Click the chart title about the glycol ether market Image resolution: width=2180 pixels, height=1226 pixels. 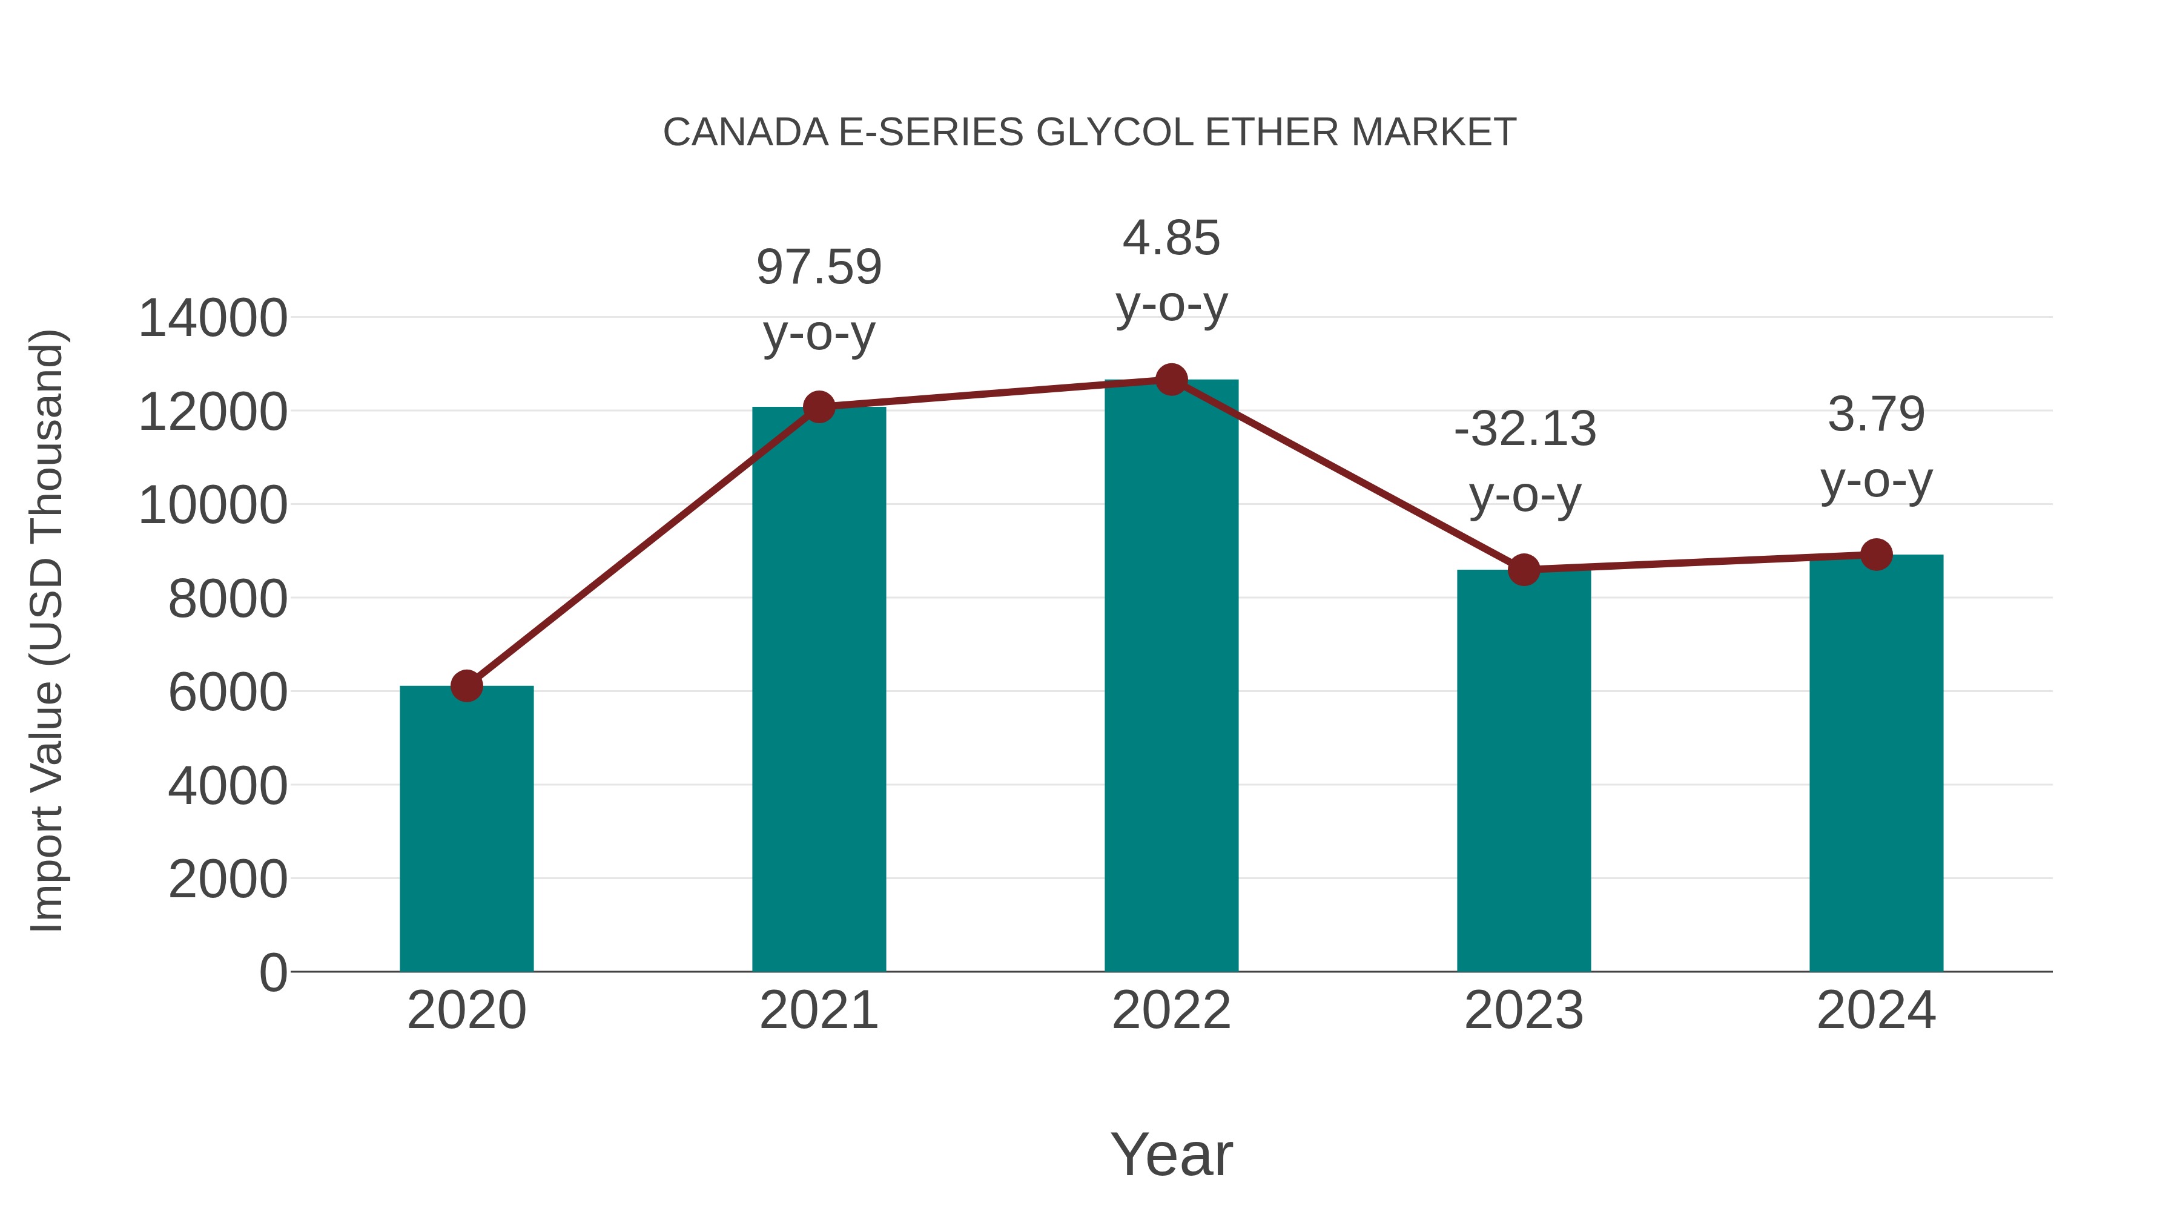click(1089, 133)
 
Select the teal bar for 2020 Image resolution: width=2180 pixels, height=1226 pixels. click(466, 829)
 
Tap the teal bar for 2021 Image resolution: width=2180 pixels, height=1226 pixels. click(818, 690)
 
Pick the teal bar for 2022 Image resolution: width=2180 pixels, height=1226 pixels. click(1171, 677)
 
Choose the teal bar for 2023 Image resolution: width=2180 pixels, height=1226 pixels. click(1524, 770)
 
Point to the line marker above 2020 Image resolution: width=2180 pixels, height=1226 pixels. click(466, 685)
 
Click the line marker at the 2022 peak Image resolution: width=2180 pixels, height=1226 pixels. click(1171, 380)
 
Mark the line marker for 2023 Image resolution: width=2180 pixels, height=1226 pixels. click(1524, 570)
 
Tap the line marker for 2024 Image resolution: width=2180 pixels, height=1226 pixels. click(1876, 555)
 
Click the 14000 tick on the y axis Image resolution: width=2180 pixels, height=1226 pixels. click(213, 319)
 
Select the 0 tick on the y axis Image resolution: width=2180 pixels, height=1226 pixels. click(272, 972)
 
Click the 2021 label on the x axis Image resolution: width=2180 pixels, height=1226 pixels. click(818, 1010)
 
